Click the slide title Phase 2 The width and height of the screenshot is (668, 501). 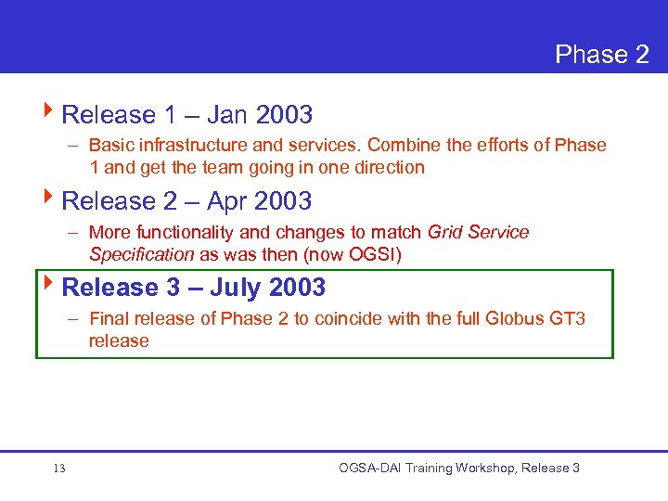[601, 55]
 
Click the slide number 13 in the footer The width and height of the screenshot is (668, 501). [59, 469]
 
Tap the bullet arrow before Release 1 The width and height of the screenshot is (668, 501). [49, 113]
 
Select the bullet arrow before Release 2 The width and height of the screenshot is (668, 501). [49, 199]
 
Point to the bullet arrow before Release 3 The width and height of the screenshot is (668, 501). [49, 286]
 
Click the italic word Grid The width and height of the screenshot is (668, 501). [447, 232]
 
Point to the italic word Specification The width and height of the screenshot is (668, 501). [141, 254]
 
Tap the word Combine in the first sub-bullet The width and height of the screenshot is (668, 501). [403, 145]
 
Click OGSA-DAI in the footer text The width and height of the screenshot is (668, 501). [370, 469]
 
